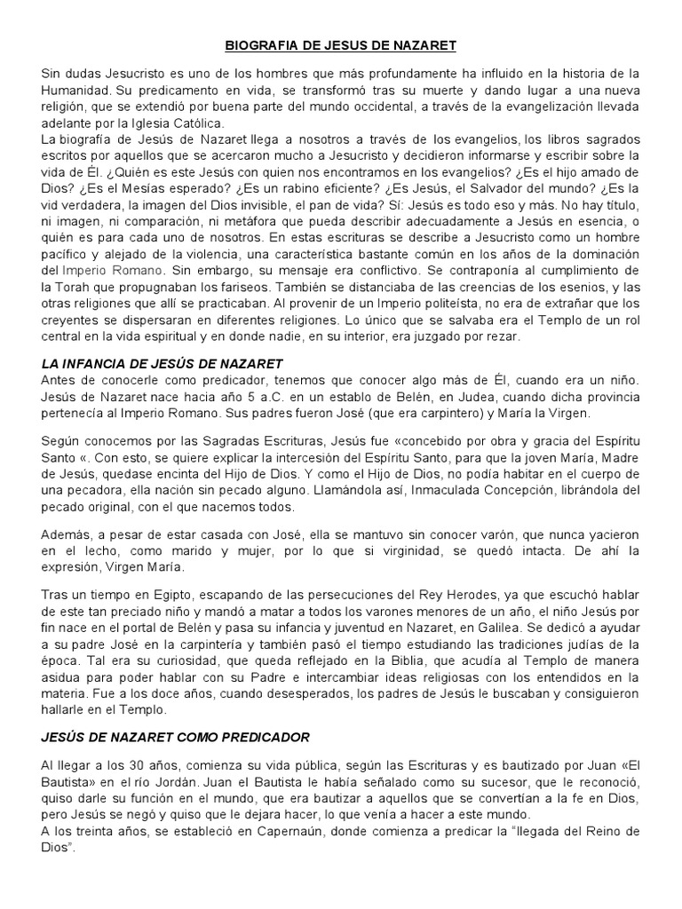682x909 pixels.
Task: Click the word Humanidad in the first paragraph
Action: [75, 91]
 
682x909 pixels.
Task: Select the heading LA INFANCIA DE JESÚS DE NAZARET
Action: [162, 363]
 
